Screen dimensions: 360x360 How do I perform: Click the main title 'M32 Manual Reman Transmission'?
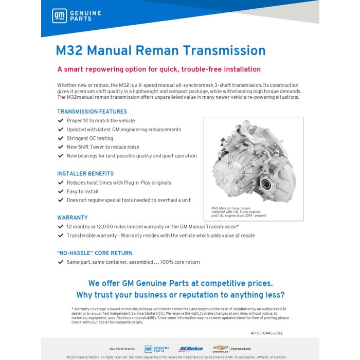(160, 50)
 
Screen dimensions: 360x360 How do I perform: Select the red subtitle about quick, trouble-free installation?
(159, 69)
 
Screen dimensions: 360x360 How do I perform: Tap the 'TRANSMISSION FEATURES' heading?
(92, 112)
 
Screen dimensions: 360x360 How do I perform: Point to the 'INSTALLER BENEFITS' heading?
(85, 174)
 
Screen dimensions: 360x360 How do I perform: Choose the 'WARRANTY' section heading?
(73, 218)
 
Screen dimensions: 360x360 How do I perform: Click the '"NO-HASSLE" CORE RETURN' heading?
(95, 253)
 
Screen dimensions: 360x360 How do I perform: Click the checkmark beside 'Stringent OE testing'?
(60, 138)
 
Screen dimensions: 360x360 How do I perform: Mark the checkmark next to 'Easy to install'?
(60, 191)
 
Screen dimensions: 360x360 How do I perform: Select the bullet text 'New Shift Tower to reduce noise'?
(103, 147)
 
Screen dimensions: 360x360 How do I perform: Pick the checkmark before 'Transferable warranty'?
(60, 236)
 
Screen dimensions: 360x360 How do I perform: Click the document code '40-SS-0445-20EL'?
(267, 333)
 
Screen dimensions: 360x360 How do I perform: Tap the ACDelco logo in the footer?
(191, 349)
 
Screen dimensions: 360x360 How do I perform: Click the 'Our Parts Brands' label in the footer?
(121, 349)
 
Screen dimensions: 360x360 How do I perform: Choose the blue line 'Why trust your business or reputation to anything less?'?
(180, 295)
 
